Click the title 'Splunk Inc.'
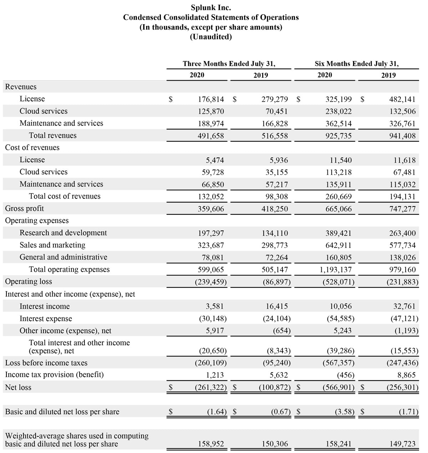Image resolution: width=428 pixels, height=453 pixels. [211, 7]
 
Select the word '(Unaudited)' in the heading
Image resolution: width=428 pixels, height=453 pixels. [211, 37]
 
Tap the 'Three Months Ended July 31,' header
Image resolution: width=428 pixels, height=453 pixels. [229, 64]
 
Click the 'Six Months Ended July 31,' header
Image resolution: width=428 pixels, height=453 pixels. [357, 64]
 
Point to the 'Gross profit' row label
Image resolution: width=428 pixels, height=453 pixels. [24, 209]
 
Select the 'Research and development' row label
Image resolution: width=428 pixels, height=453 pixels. [63, 233]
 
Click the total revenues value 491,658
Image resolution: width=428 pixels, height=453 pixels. [211, 136]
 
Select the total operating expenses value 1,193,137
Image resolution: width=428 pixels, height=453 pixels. [336, 270]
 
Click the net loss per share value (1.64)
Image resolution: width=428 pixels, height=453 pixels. [217, 412]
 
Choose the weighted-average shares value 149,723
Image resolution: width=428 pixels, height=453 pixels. [402, 444]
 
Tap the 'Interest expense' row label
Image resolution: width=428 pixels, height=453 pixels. [46, 319]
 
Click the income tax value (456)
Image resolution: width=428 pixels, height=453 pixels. [346, 375]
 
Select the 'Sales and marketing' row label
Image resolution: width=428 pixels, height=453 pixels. [52, 245]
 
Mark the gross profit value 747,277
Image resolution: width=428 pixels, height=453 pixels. [402, 209]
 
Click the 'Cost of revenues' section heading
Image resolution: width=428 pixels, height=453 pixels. [32, 148]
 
